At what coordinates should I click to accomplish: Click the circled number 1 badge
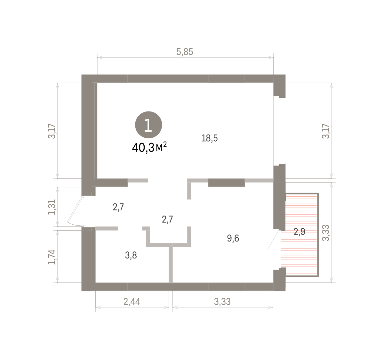point(148,125)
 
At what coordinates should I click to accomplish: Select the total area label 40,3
point(143,148)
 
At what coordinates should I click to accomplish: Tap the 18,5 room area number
point(209,138)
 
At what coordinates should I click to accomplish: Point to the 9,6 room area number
point(233,238)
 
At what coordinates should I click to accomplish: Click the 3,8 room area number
point(131,255)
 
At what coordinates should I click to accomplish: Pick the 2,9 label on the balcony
point(299,232)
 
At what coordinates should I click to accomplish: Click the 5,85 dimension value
point(185,52)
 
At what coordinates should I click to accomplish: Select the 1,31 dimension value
point(52,207)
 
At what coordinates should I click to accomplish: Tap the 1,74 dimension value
point(52,257)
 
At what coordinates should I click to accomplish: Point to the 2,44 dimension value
point(132,302)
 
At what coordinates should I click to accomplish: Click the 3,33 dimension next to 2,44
point(222,302)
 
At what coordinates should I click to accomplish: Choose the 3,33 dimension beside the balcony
point(326,233)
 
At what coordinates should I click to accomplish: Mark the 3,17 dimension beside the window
point(326,131)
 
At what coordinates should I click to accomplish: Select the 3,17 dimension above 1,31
point(52,131)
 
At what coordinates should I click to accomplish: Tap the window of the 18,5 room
point(280,130)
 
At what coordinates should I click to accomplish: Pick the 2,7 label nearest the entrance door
point(118,207)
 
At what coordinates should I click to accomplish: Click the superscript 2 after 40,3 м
point(165,144)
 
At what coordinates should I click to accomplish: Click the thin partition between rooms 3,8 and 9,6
point(171,263)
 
